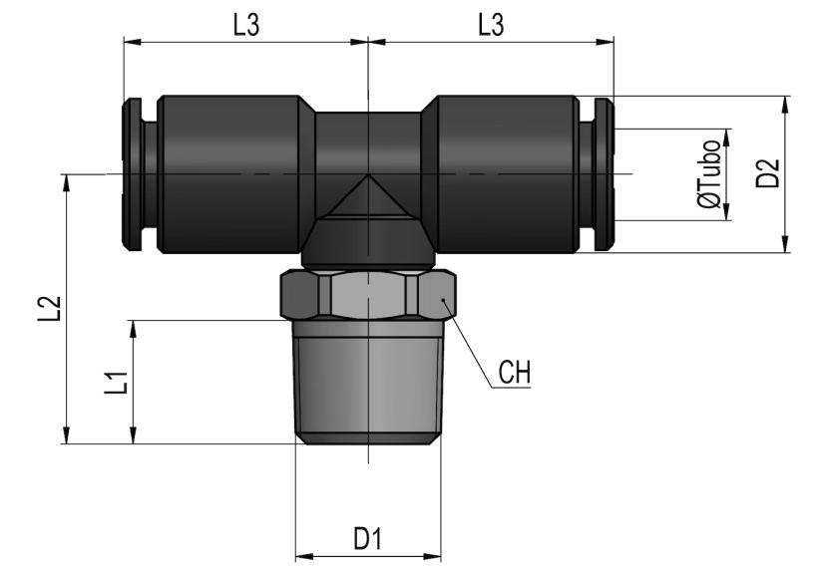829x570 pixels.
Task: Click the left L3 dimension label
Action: pos(245,26)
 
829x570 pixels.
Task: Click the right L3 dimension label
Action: pos(490,26)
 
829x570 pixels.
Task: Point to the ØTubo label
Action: pos(709,174)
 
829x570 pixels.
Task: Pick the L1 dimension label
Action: pos(117,382)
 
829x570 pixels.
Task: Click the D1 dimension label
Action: pos(368,539)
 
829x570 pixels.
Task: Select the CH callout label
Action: pos(515,373)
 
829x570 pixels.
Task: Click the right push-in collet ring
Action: pos(604,174)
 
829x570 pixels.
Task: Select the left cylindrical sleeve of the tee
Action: pos(229,174)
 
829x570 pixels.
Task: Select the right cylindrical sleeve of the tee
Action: pos(507,174)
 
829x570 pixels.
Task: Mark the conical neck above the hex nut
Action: pos(368,245)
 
